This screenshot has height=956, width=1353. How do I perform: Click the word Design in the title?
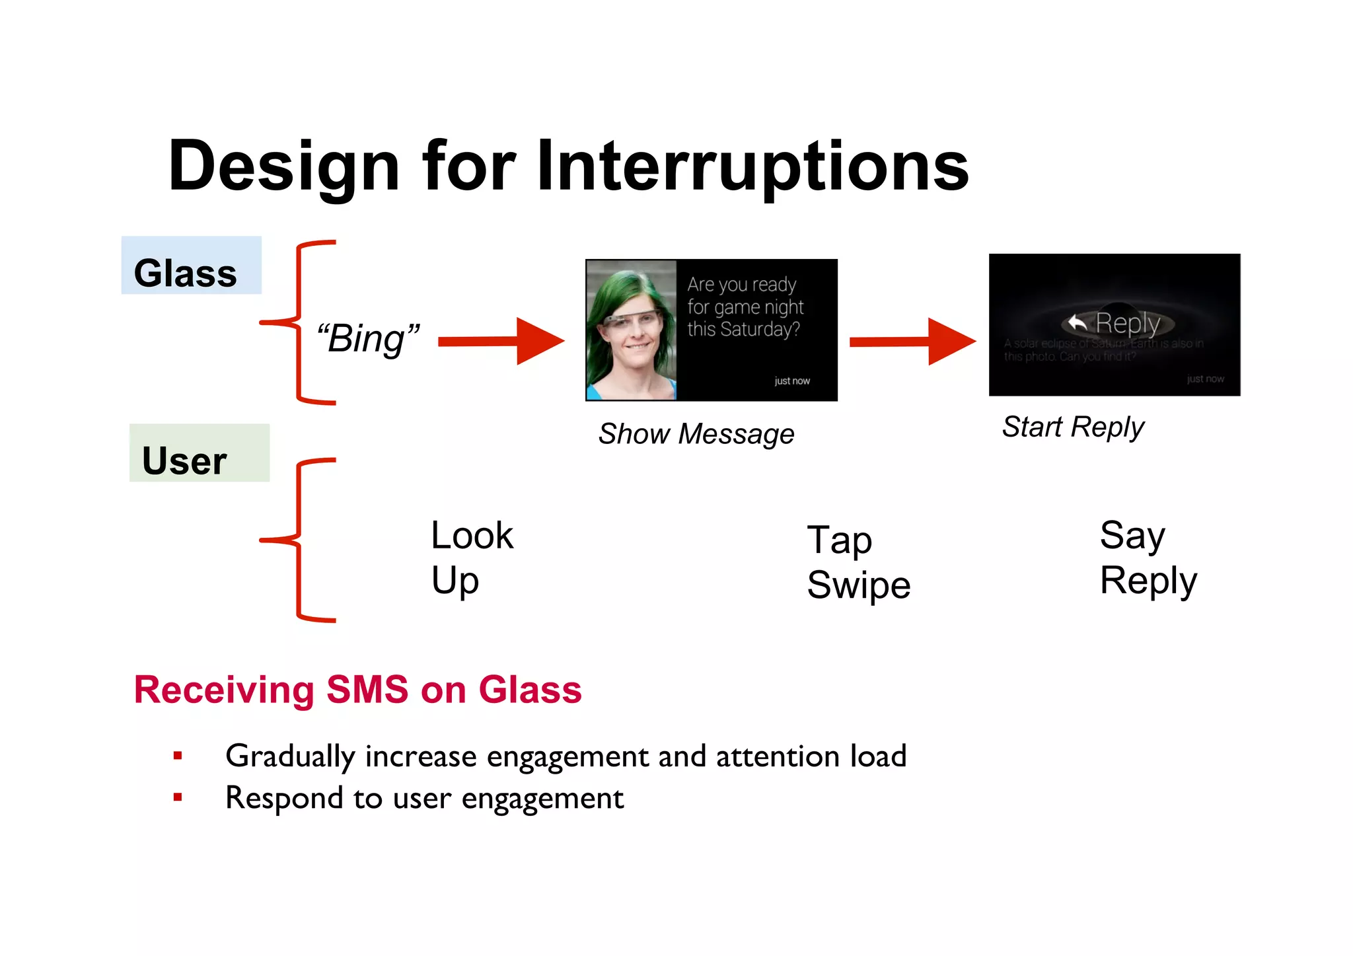click(284, 166)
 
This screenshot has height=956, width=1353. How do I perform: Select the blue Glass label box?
click(191, 266)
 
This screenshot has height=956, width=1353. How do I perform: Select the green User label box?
click(199, 453)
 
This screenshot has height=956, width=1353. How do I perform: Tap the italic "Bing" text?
click(367, 339)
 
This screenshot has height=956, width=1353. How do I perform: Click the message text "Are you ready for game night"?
click(745, 296)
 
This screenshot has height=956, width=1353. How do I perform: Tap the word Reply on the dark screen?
click(1127, 323)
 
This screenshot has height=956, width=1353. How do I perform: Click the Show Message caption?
click(696, 434)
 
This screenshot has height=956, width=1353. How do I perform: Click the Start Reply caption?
click(1072, 427)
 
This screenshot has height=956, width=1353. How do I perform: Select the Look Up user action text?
click(471, 557)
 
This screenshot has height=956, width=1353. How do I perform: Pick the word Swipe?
click(858, 585)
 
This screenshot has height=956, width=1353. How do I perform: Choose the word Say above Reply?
click(1132, 535)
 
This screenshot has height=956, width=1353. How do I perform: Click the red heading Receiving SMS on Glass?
click(357, 690)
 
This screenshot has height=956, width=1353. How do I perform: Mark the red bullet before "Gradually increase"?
click(177, 755)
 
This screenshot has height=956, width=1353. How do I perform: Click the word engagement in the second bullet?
click(542, 798)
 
